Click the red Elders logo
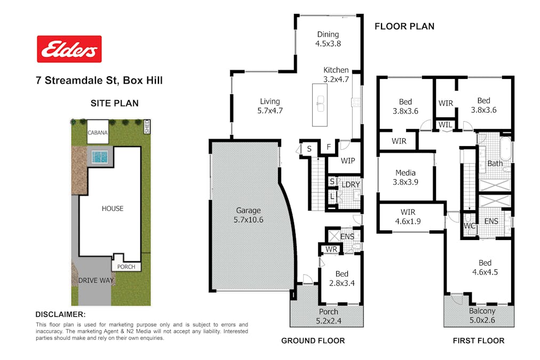coord(69,49)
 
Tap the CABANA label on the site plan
coord(98,132)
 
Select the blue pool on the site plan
coord(100,157)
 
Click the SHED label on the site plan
coord(147,126)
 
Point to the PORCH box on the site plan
coord(126,266)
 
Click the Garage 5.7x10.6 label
coord(248,215)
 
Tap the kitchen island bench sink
coord(321,104)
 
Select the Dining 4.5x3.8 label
coord(328,39)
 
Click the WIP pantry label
coord(348,161)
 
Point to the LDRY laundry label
coord(351,185)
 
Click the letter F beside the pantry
coord(329,147)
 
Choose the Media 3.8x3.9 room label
coord(406,177)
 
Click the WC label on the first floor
coord(469,226)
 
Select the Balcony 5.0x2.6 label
coord(482,316)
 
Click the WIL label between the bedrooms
coord(446,125)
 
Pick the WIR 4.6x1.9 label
coord(408,217)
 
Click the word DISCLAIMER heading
coord(61,314)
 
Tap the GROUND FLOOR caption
coord(313,341)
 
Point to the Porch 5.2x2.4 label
coord(329,316)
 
